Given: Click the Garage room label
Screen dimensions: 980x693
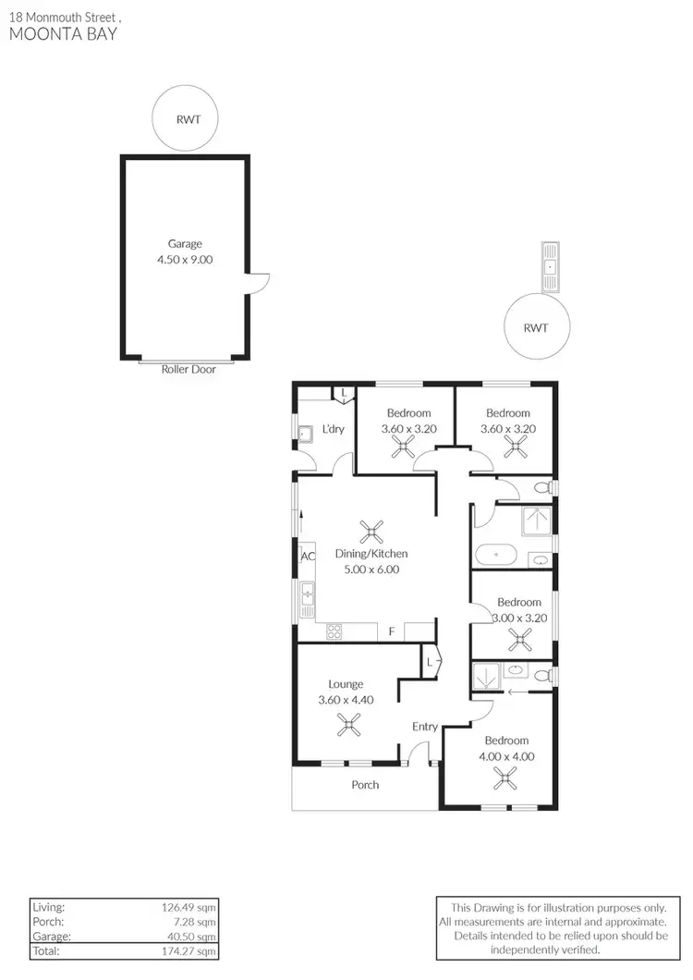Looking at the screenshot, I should (185, 244).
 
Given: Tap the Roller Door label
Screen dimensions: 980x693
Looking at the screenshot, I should (188, 369).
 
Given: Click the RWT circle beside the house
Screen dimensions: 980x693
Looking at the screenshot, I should (536, 327).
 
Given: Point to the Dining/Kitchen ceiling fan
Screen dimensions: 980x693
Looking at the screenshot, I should (371, 532).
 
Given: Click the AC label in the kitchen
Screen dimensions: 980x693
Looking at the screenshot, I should (308, 557).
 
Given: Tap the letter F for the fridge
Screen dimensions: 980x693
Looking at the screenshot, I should (392, 631).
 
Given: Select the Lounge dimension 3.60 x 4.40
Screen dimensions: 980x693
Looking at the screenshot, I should (346, 700).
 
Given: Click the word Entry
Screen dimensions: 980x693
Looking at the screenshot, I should (425, 727).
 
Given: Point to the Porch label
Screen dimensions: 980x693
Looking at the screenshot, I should (365, 785).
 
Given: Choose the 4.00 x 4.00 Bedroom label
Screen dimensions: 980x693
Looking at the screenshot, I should (506, 756).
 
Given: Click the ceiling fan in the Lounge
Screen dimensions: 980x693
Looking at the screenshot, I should (349, 727).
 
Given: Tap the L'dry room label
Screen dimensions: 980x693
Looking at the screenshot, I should (333, 429).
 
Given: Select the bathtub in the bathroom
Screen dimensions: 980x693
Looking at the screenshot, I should (497, 556).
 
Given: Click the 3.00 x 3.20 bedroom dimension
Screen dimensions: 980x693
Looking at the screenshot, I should (518, 617).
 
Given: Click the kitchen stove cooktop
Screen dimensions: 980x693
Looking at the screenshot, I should (334, 632).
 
